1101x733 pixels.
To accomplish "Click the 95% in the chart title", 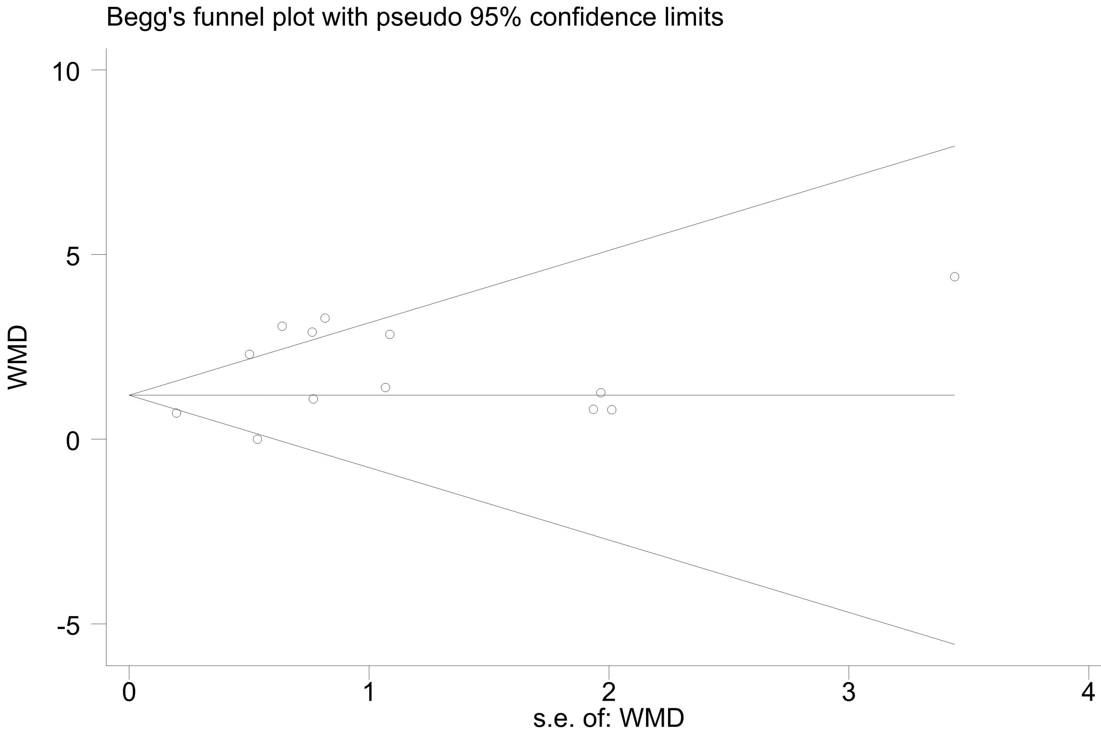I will tap(496, 18).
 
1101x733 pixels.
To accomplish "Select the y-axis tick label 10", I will tap(66, 72).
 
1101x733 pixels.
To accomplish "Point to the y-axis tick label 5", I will tap(73, 257).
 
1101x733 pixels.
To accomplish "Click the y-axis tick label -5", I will tap(68, 626).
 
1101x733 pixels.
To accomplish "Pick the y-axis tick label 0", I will tap(73, 441).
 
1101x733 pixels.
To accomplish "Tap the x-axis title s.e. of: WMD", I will tap(608, 718).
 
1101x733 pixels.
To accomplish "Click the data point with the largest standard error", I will tap(954, 277).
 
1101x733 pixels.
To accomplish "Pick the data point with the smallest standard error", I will tap(176, 413).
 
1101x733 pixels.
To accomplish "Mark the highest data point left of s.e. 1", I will tap(325, 318).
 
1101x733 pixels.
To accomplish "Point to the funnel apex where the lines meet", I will tap(130, 395).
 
